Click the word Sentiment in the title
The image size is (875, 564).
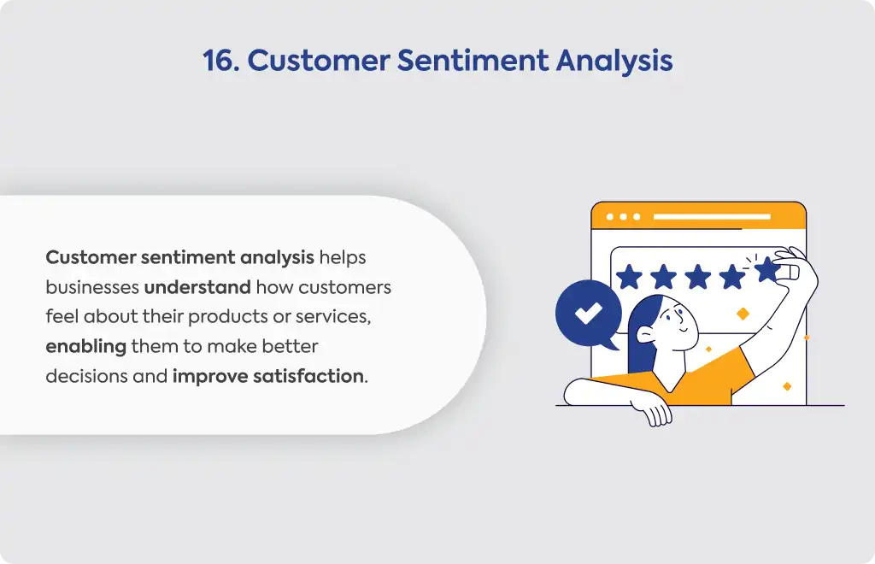point(473,61)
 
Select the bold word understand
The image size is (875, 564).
point(197,287)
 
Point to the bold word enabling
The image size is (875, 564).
point(86,347)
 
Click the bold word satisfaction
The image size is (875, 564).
point(308,377)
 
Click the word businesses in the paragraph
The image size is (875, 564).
point(92,287)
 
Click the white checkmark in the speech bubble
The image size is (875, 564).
point(588,313)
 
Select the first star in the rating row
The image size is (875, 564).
point(630,277)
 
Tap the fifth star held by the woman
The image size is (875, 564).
point(767,269)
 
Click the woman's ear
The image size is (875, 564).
point(646,334)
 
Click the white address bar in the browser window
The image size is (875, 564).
point(712,216)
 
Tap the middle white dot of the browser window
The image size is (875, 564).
point(623,216)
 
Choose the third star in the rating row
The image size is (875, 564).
point(698,277)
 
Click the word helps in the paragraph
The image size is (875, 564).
point(343,257)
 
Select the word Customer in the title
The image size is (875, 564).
point(319,61)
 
